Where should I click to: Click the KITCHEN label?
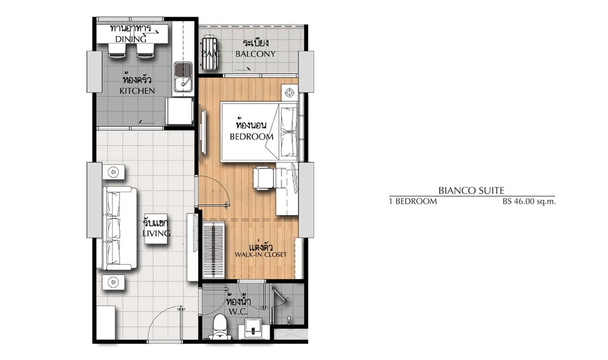coord(137,91)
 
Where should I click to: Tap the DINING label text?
coord(131,39)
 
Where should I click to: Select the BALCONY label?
coord(256,54)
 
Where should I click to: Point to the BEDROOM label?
coord(251,136)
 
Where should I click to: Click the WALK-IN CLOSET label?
coord(261,255)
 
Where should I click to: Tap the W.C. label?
coord(238,312)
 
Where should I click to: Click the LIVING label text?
coord(157,233)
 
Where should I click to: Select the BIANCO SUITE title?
coord(471,190)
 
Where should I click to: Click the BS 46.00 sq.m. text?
coord(529,201)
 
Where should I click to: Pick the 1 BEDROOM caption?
coord(413,201)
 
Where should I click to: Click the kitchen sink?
coord(182,77)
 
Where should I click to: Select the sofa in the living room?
coord(119,228)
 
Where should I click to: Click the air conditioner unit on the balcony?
coord(210,53)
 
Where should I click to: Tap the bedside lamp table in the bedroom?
coord(290,93)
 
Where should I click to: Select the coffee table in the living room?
coord(157,229)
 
